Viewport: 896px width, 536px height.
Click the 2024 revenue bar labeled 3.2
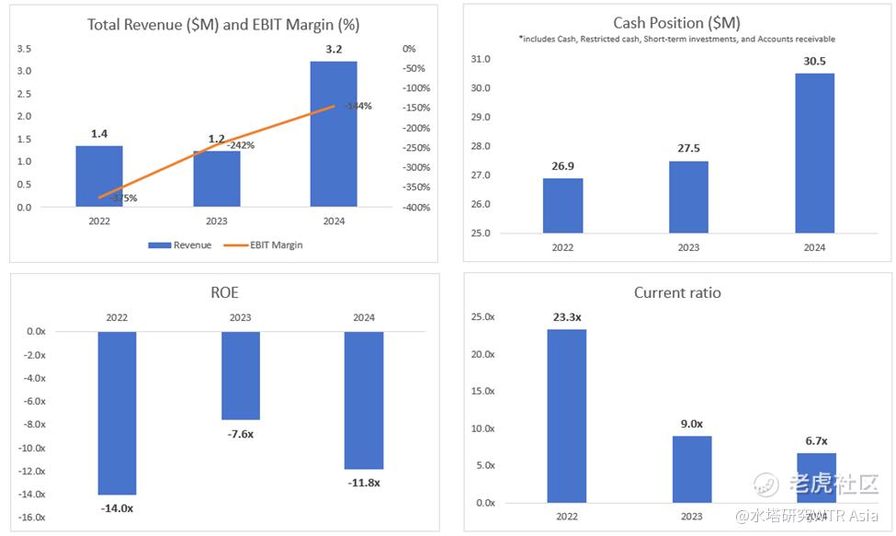pos(333,133)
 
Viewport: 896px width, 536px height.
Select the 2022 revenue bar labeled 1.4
pos(99,176)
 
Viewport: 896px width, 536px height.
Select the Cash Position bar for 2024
pos(814,153)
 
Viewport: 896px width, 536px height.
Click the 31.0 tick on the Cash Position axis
pos(480,60)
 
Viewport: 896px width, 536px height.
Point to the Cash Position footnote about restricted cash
pos(676,40)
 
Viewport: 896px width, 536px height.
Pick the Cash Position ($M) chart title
pos(676,23)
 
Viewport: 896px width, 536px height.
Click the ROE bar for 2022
pos(117,413)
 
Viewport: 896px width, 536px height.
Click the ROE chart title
pos(224,293)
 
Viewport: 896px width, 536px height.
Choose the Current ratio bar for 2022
pos(566,416)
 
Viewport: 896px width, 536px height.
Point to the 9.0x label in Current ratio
pos(691,424)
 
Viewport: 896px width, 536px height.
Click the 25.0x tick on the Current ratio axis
pos(482,317)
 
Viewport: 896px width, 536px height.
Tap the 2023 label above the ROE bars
pos(241,318)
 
